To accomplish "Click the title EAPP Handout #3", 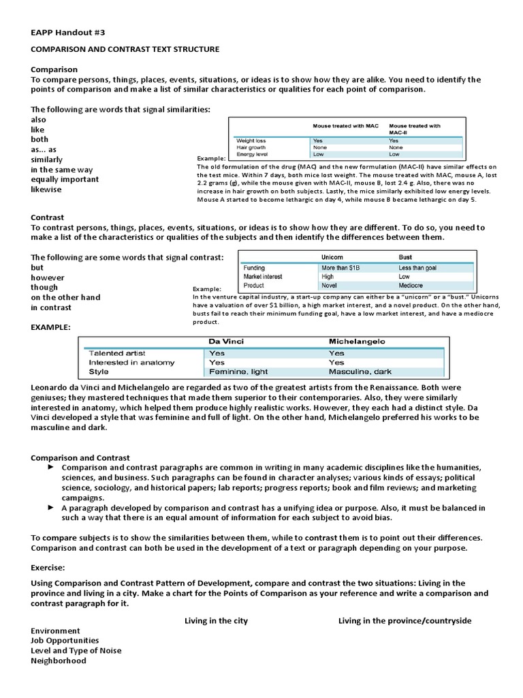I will (x=68, y=32).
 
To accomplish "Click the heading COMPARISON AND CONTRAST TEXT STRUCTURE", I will (x=125, y=50).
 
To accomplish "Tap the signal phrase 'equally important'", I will (x=65, y=179).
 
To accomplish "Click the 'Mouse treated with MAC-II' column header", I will (x=414, y=129).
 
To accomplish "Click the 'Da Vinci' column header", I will (x=225, y=341).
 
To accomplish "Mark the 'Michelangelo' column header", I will (x=357, y=341).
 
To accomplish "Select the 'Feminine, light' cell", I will (x=238, y=372).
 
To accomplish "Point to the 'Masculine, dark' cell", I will (x=360, y=372).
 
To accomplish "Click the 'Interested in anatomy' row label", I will (x=131, y=363).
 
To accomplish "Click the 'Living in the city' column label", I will (x=216, y=621).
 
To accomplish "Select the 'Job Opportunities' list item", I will (x=65, y=641).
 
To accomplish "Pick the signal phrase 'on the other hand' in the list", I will (x=65, y=297).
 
